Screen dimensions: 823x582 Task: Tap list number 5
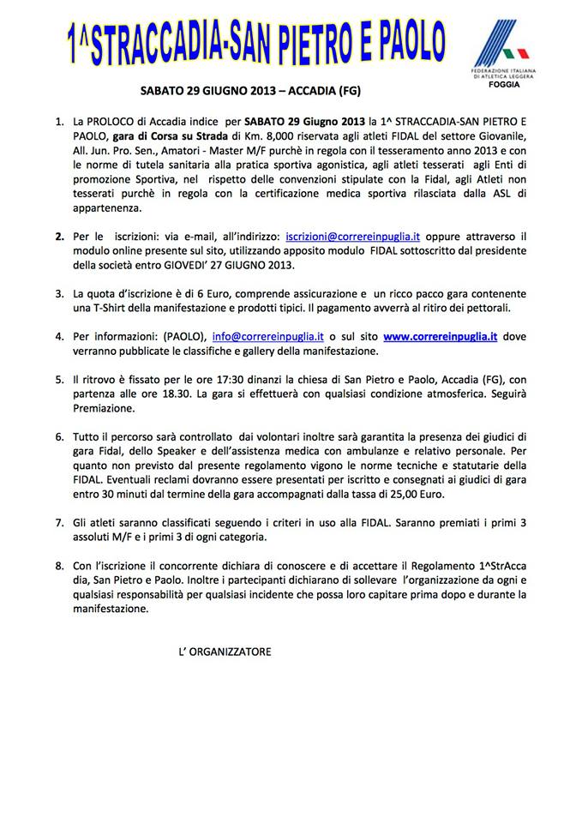click(59, 378)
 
